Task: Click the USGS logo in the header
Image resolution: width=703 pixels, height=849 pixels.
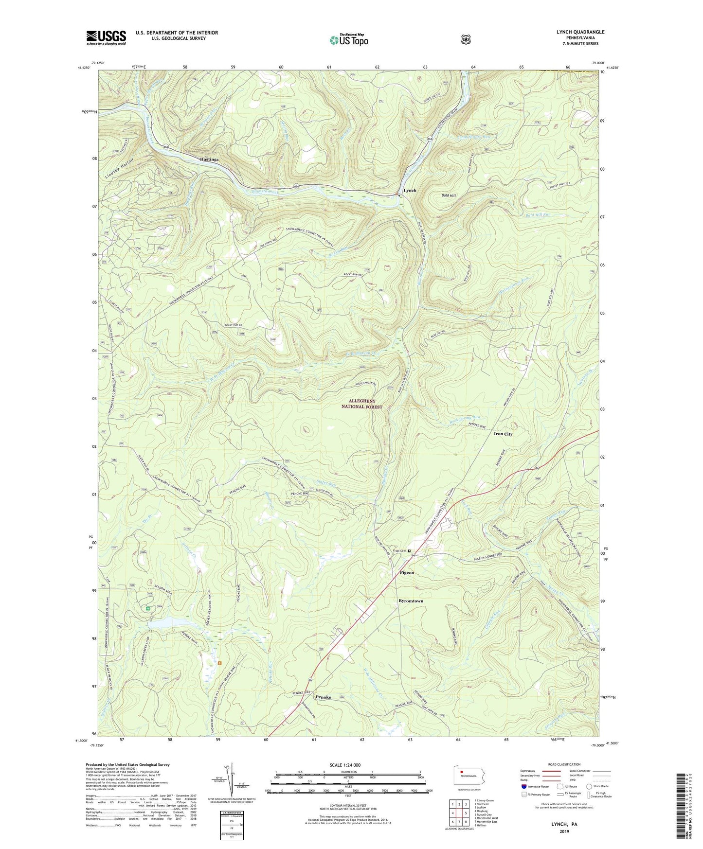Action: (106, 37)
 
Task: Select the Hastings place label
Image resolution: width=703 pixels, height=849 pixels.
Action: (209, 159)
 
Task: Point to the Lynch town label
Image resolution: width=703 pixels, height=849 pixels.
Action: (410, 191)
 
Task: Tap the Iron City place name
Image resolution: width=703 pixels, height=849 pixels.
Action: (503, 434)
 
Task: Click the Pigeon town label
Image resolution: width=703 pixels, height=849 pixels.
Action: (407, 573)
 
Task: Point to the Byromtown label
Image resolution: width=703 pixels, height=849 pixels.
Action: (411, 601)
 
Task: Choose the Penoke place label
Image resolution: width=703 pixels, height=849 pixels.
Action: (323, 697)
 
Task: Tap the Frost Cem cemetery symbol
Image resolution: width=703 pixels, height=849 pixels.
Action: (409, 551)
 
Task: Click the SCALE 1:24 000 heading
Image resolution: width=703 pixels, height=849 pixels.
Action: (345, 765)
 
